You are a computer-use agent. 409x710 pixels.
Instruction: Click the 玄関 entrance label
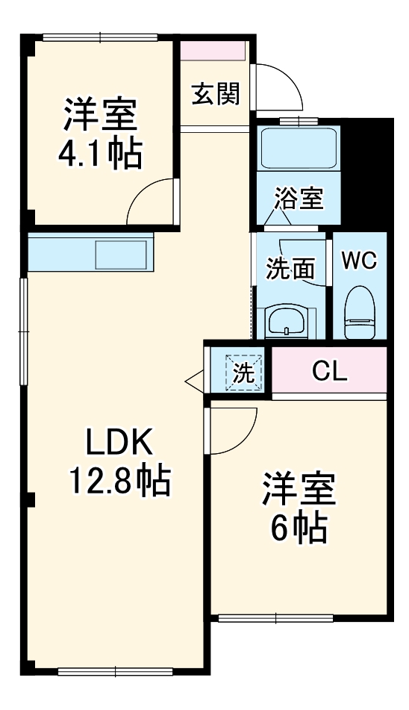click(x=215, y=95)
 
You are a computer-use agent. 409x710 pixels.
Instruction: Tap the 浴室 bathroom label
click(x=299, y=199)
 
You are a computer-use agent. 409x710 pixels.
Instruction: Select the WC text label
click(x=359, y=261)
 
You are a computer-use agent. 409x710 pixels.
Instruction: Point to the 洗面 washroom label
click(x=290, y=270)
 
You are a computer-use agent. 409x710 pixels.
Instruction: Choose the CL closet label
click(x=329, y=371)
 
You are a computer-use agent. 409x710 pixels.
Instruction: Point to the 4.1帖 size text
click(x=99, y=153)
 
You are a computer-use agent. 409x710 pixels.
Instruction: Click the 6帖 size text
click(x=299, y=529)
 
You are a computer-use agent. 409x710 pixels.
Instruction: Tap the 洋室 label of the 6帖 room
click(x=299, y=491)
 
